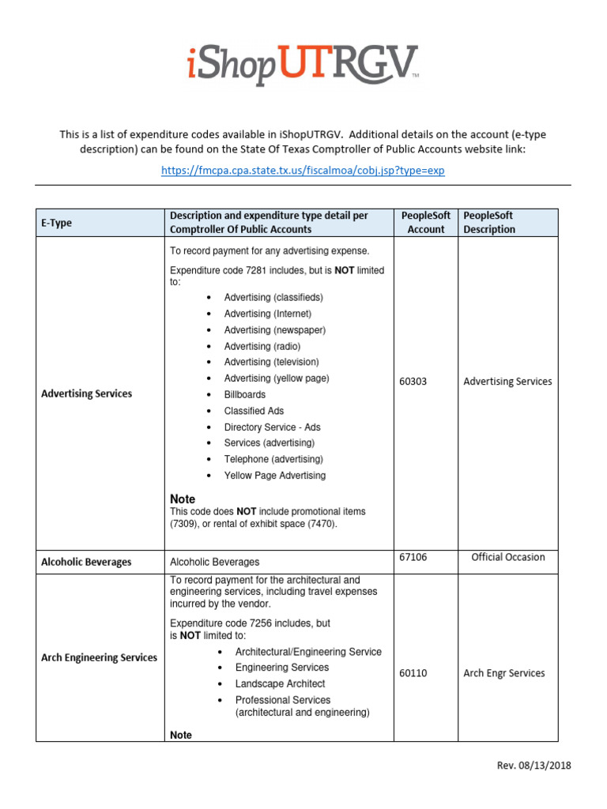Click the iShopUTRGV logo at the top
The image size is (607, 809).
pos(303,65)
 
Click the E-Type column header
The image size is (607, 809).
pos(56,223)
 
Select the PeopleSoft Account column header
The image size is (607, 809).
pos(426,223)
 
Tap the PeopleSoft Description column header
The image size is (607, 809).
pos(488,223)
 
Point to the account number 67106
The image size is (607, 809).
pos(413,557)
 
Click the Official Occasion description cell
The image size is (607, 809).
pos(507,557)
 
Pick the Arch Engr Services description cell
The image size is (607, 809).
pos(503,673)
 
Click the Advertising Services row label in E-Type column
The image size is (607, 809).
pos(86,393)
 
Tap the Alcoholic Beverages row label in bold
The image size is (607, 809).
pos(86,563)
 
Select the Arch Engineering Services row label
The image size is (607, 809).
pos(99,657)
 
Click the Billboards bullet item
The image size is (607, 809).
pos(244,394)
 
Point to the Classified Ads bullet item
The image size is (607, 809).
pos(254,411)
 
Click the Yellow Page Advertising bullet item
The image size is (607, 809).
pos(274,476)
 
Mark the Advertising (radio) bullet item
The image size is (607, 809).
pos(262,346)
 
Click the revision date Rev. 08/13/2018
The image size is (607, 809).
pos(534,766)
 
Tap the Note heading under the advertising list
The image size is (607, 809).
pos(183,499)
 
